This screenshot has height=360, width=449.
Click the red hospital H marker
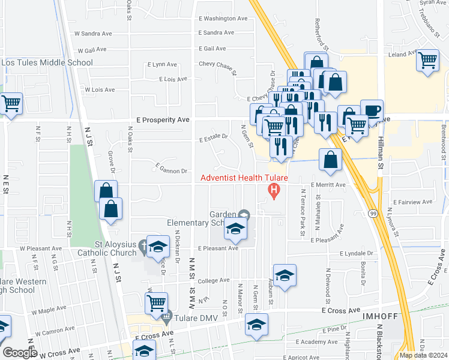[275, 191]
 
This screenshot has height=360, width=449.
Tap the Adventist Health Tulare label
[244, 178]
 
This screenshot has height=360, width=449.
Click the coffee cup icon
[372, 110]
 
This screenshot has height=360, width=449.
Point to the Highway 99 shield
[373, 213]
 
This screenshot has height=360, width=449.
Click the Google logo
[20, 353]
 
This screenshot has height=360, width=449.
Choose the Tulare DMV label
[193, 317]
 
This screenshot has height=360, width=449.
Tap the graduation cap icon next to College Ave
[285, 275]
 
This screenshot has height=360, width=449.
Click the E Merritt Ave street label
[328, 185]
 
